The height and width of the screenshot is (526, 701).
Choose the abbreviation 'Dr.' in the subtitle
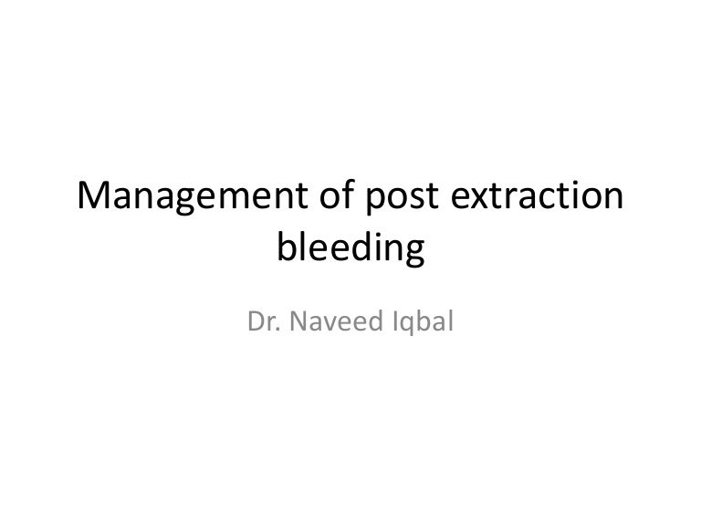(263, 321)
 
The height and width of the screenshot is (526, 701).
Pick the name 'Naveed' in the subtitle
(330, 321)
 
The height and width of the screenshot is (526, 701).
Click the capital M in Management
(97, 196)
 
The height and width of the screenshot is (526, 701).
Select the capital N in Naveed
(296, 321)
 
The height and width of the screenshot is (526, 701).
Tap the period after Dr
(277, 329)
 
